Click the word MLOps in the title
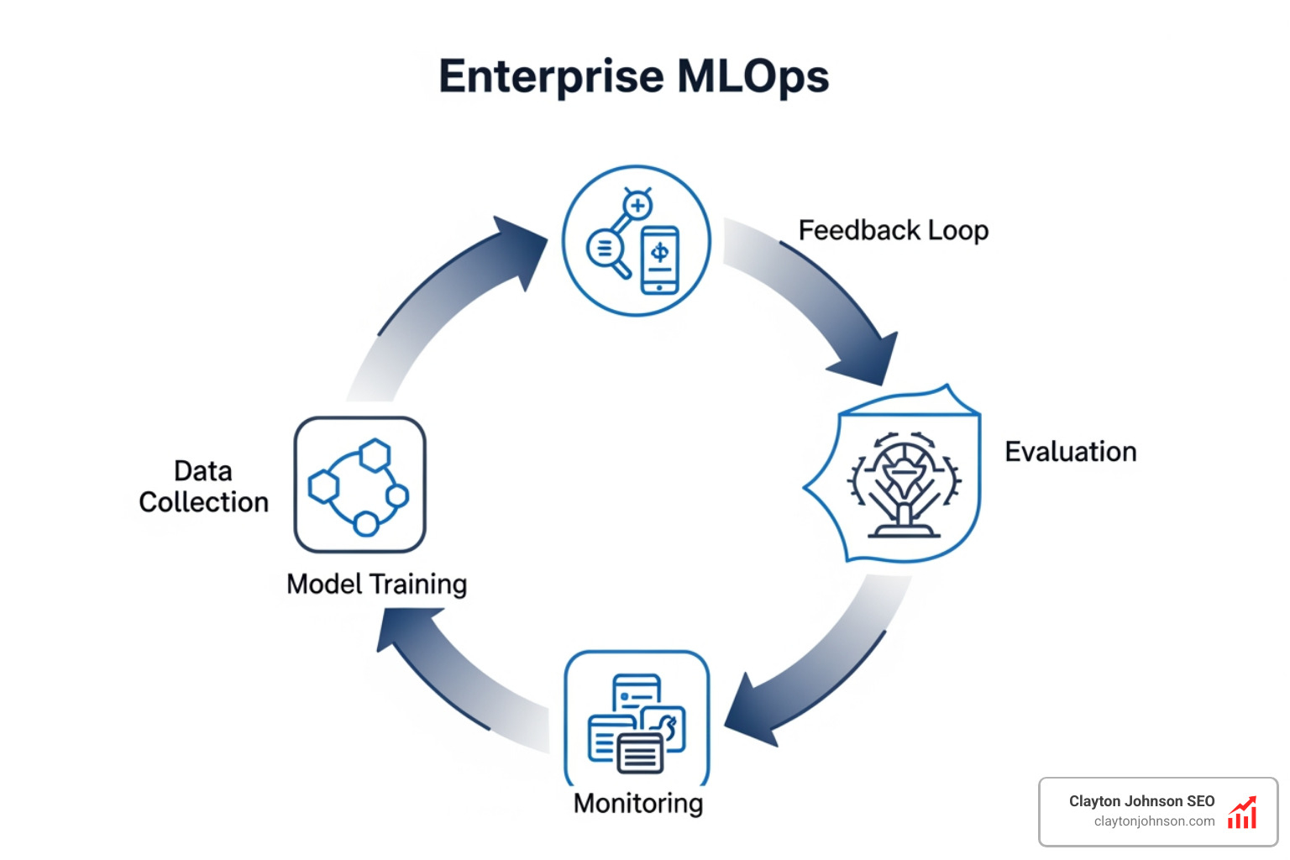752,76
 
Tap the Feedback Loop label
893,230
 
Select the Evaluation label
1070,452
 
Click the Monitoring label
638,803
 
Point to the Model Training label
376,584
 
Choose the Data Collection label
203,486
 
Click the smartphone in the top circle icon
660,260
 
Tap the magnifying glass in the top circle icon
607,251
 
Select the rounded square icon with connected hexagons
359,485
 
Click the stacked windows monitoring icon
637,723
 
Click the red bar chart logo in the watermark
1242,812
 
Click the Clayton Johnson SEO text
1141,801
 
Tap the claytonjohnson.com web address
1154,821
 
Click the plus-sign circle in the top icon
637,205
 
